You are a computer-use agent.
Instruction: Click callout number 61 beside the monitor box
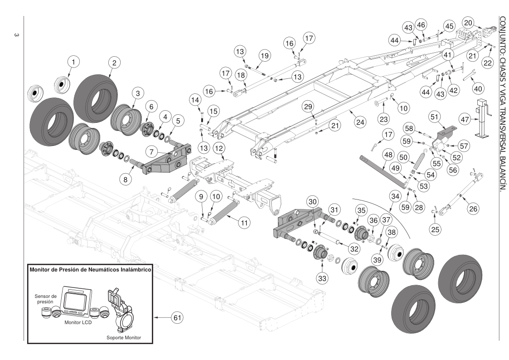coord(176,318)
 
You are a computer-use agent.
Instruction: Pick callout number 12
coord(219,148)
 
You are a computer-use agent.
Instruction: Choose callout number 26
coord(473,209)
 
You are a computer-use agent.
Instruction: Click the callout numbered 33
coord(321,278)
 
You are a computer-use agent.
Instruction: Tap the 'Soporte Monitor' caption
coord(124,337)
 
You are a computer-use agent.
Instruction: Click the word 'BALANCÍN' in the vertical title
coord(502,172)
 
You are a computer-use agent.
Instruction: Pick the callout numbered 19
coord(265,55)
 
